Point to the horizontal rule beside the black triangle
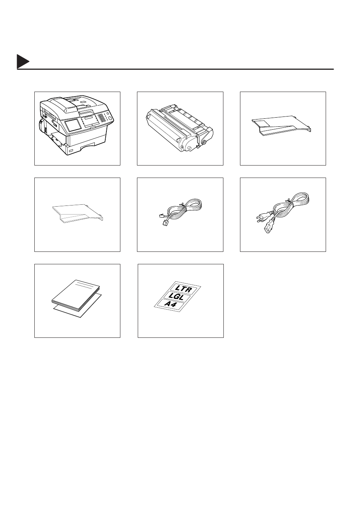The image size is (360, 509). tap(175, 69)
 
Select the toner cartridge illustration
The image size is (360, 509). tap(180, 129)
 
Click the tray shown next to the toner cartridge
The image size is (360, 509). tap(281, 126)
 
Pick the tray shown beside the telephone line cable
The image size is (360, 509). tap(78, 213)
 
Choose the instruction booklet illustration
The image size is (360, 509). tap(76, 295)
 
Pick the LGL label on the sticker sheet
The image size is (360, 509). tap(177, 297)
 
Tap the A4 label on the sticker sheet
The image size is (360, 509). tap(171, 304)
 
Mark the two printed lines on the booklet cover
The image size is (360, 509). tap(84, 285)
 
